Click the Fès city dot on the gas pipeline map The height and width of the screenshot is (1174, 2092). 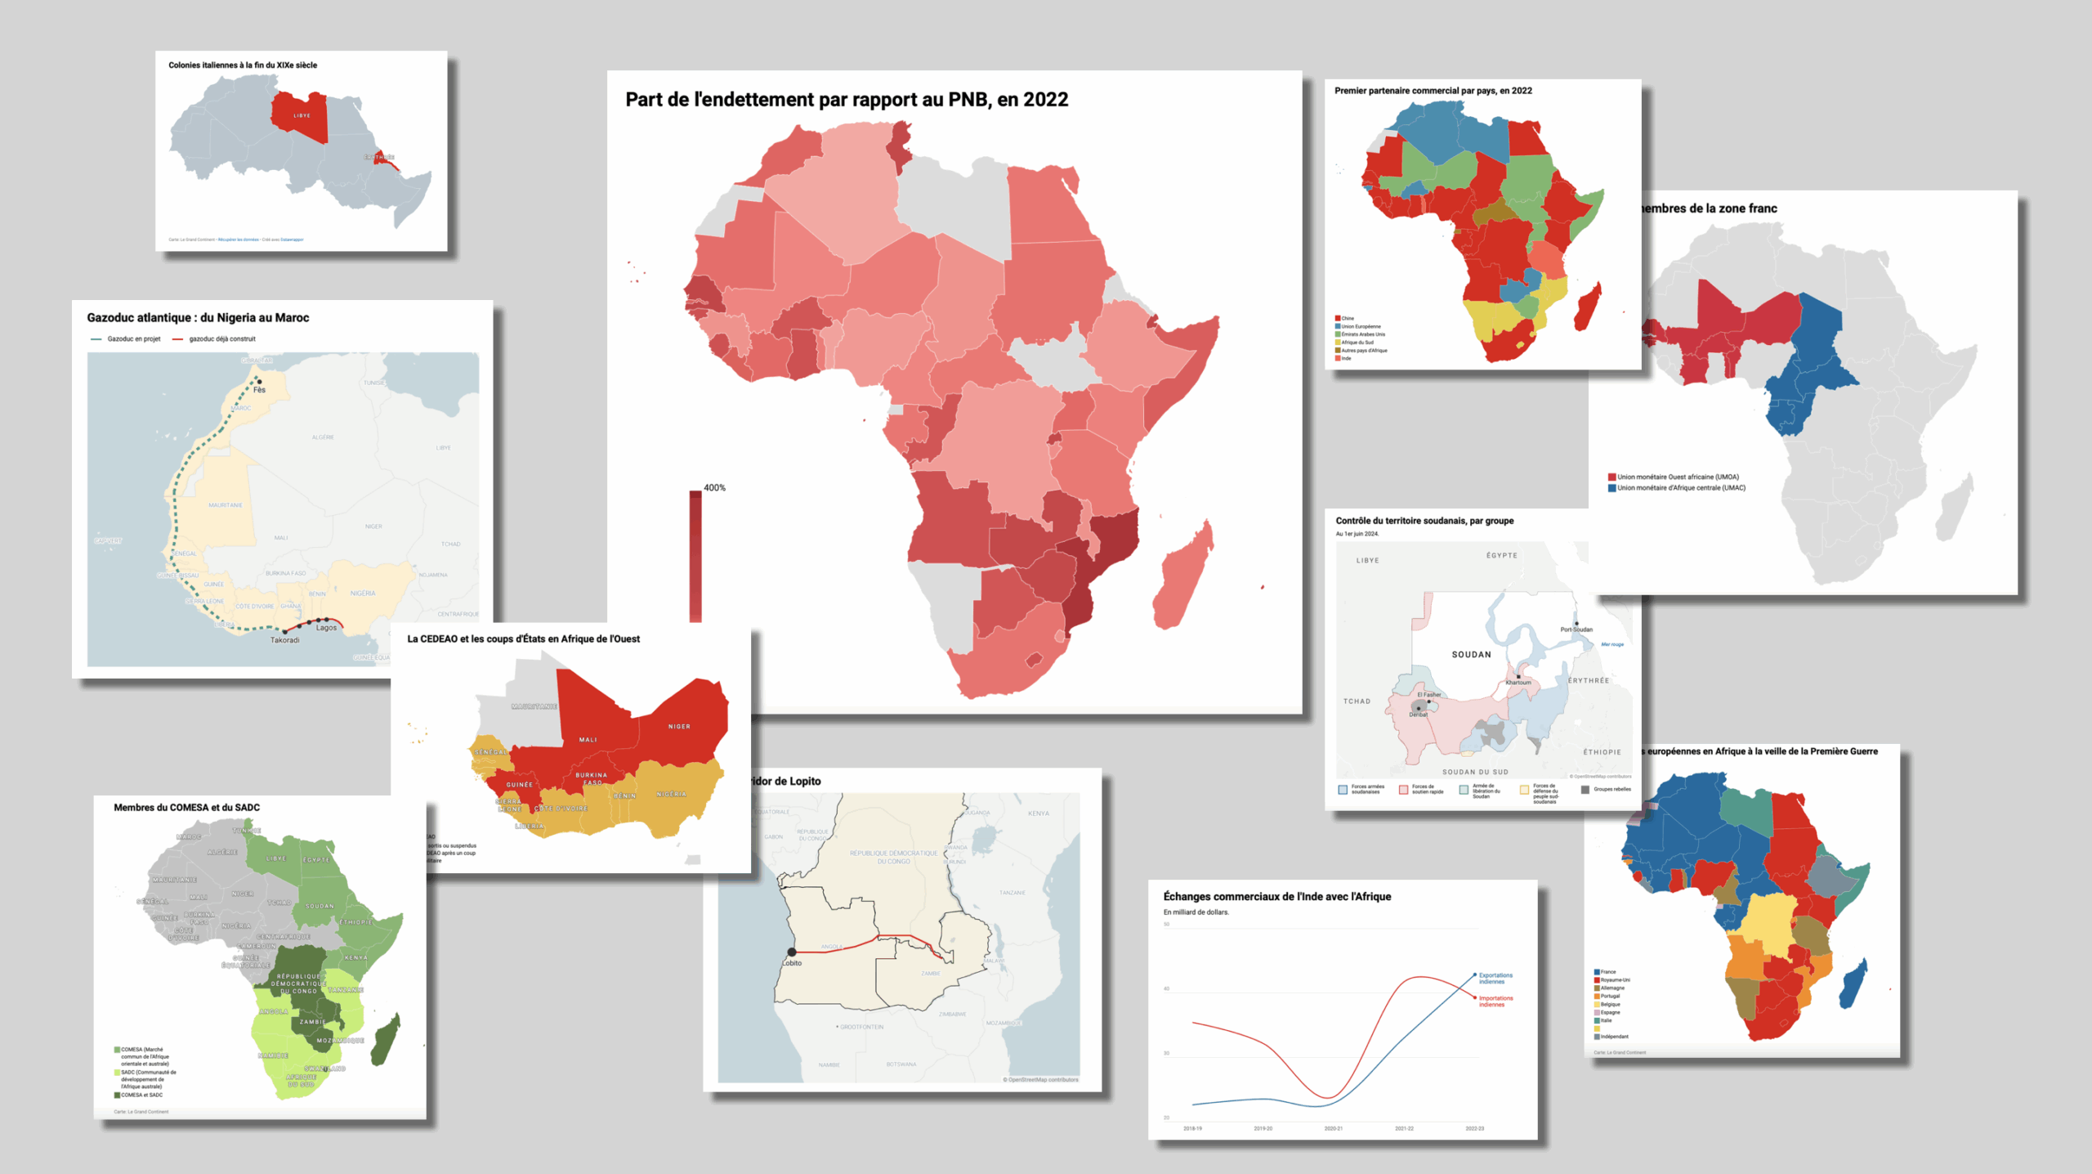click(260, 381)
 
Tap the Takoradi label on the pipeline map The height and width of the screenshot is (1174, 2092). click(285, 640)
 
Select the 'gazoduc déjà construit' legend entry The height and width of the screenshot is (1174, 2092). click(221, 339)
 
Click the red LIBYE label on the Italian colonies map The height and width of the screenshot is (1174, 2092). click(302, 115)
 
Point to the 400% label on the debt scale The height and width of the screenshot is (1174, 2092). click(714, 488)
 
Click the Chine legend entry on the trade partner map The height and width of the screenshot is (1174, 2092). click(1348, 318)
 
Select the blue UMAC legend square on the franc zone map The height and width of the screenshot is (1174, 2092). click(1611, 488)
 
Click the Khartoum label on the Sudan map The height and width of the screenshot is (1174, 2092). click(1518, 683)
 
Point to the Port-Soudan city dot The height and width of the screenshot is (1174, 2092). click(1576, 623)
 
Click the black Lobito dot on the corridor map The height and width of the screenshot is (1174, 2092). click(791, 952)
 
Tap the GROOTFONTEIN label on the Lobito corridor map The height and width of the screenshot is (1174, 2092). click(861, 1027)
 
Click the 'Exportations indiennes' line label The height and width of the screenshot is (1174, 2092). click(1495, 978)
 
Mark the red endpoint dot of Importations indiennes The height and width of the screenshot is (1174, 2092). click(1475, 997)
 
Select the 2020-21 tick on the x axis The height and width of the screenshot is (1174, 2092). click(1333, 1128)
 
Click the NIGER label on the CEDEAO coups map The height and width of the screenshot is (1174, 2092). click(679, 726)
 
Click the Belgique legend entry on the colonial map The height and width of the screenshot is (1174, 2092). click(1610, 1004)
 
